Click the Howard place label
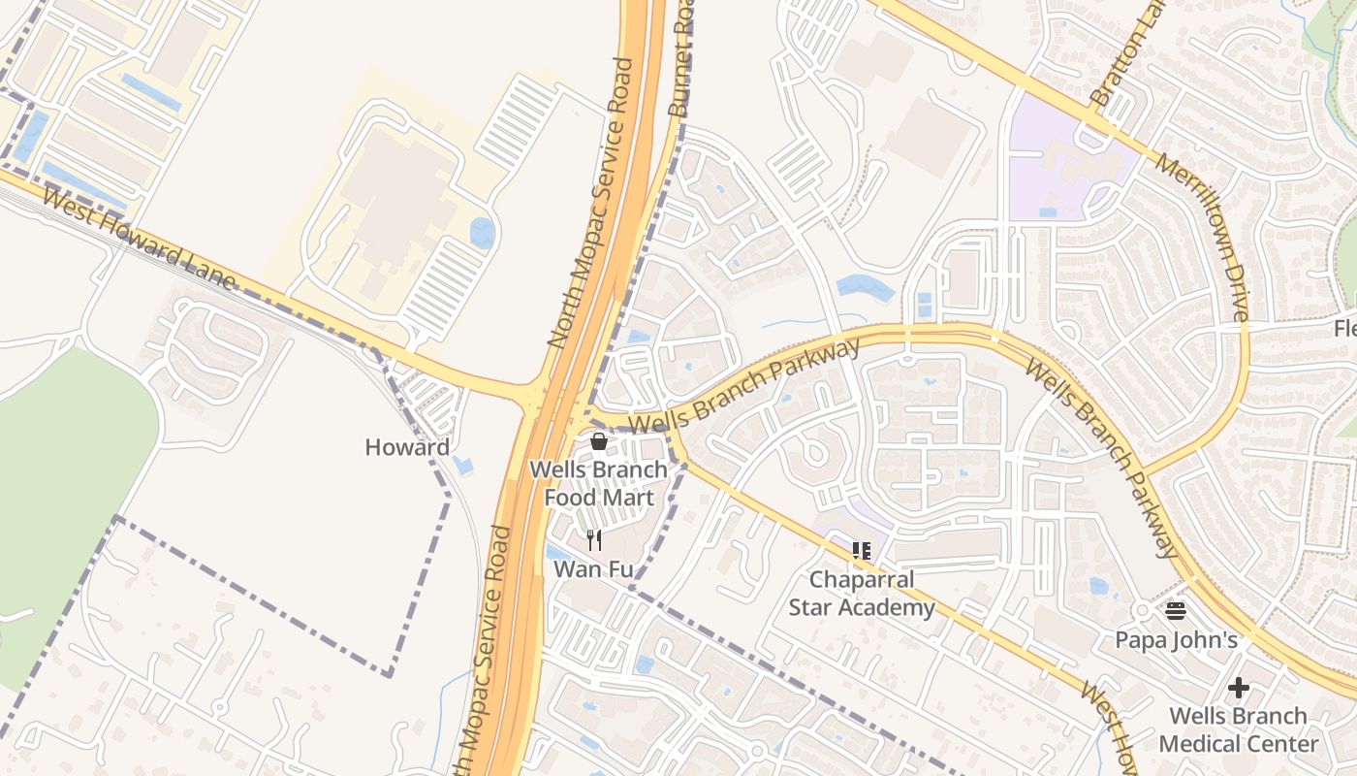[x=407, y=447]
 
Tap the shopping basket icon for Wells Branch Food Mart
[x=599, y=442]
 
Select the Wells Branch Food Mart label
[x=598, y=483]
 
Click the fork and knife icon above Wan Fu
[x=594, y=540]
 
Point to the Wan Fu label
[x=593, y=569]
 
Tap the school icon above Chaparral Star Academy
[x=862, y=551]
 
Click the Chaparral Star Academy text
[x=862, y=594]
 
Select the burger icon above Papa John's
[x=1176, y=611]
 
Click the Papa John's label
[x=1176, y=640]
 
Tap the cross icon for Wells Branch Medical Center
[x=1238, y=689]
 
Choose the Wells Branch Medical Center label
[x=1238, y=730]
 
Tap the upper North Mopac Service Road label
[x=590, y=204]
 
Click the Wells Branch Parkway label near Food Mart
[x=744, y=386]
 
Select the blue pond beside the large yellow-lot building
[x=482, y=233]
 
